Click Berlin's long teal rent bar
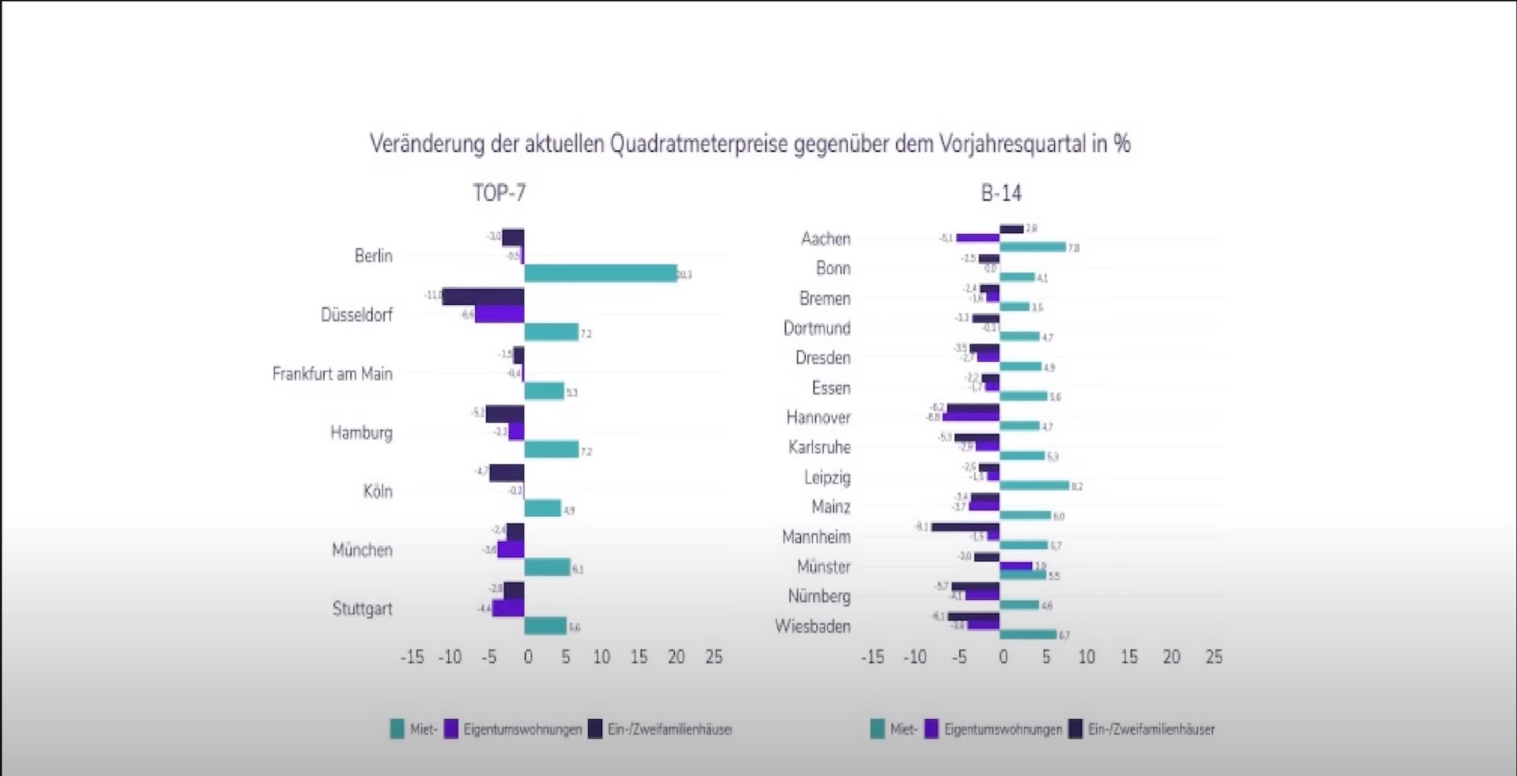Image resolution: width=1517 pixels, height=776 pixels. (600, 273)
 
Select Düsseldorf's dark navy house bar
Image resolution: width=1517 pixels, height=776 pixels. (483, 296)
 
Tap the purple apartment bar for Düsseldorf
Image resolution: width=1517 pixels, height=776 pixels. (499, 314)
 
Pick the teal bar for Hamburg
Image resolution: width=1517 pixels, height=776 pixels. (551, 450)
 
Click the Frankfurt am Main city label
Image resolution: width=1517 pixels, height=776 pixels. (332, 374)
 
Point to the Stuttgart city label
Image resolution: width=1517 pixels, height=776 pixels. (362, 609)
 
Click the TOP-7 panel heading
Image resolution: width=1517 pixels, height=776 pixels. (499, 193)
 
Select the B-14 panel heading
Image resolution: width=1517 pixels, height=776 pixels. (1001, 193)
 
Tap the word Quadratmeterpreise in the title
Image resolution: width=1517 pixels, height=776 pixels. (698, 144)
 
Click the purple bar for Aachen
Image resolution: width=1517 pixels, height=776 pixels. (978, 238)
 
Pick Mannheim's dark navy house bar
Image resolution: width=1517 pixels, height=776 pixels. (966, 527)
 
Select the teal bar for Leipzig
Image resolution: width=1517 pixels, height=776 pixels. (1034, 485)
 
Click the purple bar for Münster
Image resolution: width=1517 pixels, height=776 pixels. (1016, 566)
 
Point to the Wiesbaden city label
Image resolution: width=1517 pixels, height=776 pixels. (812, 627)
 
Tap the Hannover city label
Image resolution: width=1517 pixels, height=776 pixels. (818, 417)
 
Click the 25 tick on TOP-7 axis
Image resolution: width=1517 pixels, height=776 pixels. (713, 657)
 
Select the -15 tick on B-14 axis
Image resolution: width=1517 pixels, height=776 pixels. (871, 657)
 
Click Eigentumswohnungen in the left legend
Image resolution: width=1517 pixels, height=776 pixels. (522, 729)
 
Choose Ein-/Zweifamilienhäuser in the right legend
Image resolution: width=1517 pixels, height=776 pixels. (1151, 729)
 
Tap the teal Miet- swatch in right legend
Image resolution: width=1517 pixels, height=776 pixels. (877, 729)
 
